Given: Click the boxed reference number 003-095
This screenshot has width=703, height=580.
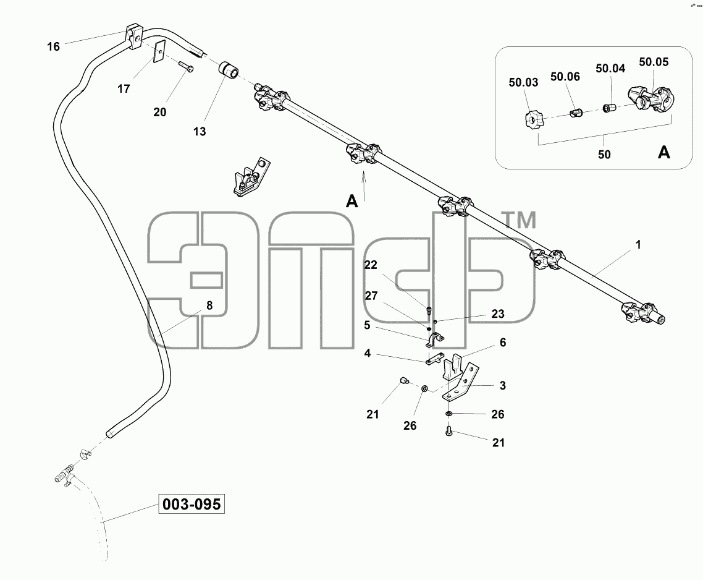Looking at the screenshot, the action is point(192,504).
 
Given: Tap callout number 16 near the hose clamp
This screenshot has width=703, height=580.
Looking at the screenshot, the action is point(53,46).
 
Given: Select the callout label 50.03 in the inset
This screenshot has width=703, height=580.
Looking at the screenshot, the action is point(523,82).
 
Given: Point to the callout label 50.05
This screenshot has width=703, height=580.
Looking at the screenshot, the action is point(654,62).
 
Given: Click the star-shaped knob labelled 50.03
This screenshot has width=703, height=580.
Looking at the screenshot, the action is point(534,120).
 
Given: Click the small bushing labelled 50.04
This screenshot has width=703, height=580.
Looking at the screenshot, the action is point(608,108).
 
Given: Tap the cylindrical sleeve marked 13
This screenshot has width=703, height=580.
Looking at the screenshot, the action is point(228,72).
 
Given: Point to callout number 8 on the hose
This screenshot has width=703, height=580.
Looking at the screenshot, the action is point(209,305).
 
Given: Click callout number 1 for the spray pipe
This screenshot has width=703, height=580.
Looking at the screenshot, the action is point(638,245).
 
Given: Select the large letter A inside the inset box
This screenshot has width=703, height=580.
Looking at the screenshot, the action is point(663,153).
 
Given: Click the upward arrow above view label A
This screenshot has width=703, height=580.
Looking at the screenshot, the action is point(364,186).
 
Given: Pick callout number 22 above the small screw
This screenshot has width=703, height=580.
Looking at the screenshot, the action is point(370,265).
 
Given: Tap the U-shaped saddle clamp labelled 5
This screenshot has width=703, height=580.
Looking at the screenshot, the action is point(434,340).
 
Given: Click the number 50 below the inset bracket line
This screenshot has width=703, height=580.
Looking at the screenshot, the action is point(604,155).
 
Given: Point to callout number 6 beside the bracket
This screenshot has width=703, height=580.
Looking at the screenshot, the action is point(503,343).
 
